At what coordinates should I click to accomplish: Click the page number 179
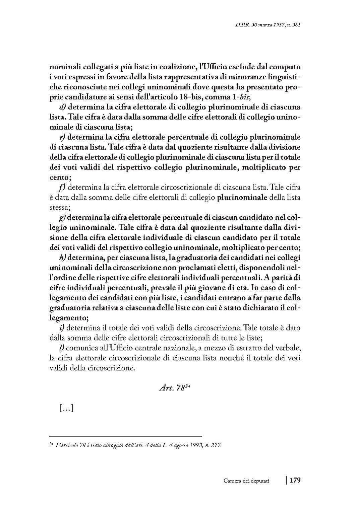(x=295, y=481)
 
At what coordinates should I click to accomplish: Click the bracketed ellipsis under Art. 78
(x=66, y=408)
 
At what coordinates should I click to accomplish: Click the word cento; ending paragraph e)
(x=60, y=177)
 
